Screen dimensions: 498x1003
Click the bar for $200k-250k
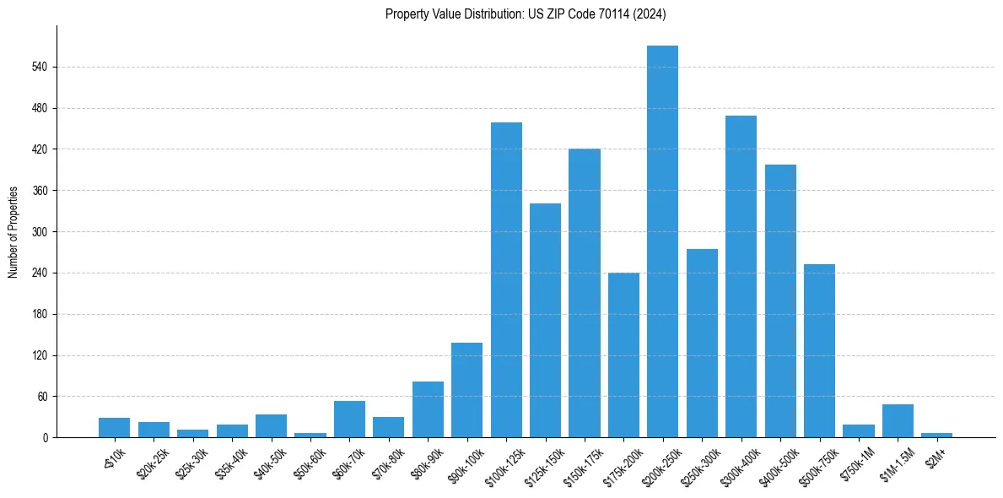[662, 241]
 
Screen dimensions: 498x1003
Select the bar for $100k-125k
[506, 280]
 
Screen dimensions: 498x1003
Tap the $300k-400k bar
[741, 277]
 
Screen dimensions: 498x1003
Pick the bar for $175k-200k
[623, 355]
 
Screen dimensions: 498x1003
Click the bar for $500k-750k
[819, 351]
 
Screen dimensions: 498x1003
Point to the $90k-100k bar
[466, 390]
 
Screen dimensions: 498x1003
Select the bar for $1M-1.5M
[898, 421]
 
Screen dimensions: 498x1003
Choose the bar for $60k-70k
[349, 420]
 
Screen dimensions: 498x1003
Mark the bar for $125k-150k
[545, 321]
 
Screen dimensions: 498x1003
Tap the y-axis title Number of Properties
[13, 232]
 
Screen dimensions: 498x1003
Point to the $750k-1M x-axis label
[854, 463]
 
